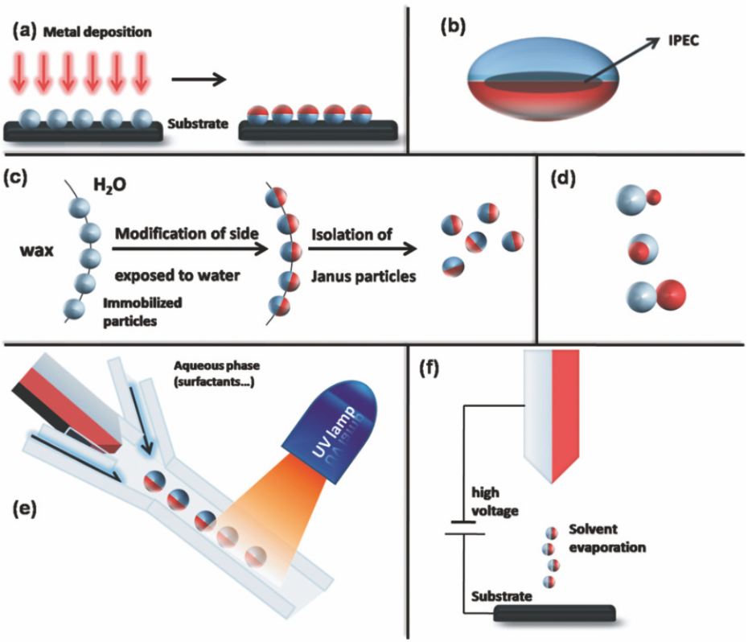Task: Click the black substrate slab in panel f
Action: point(556,613)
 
